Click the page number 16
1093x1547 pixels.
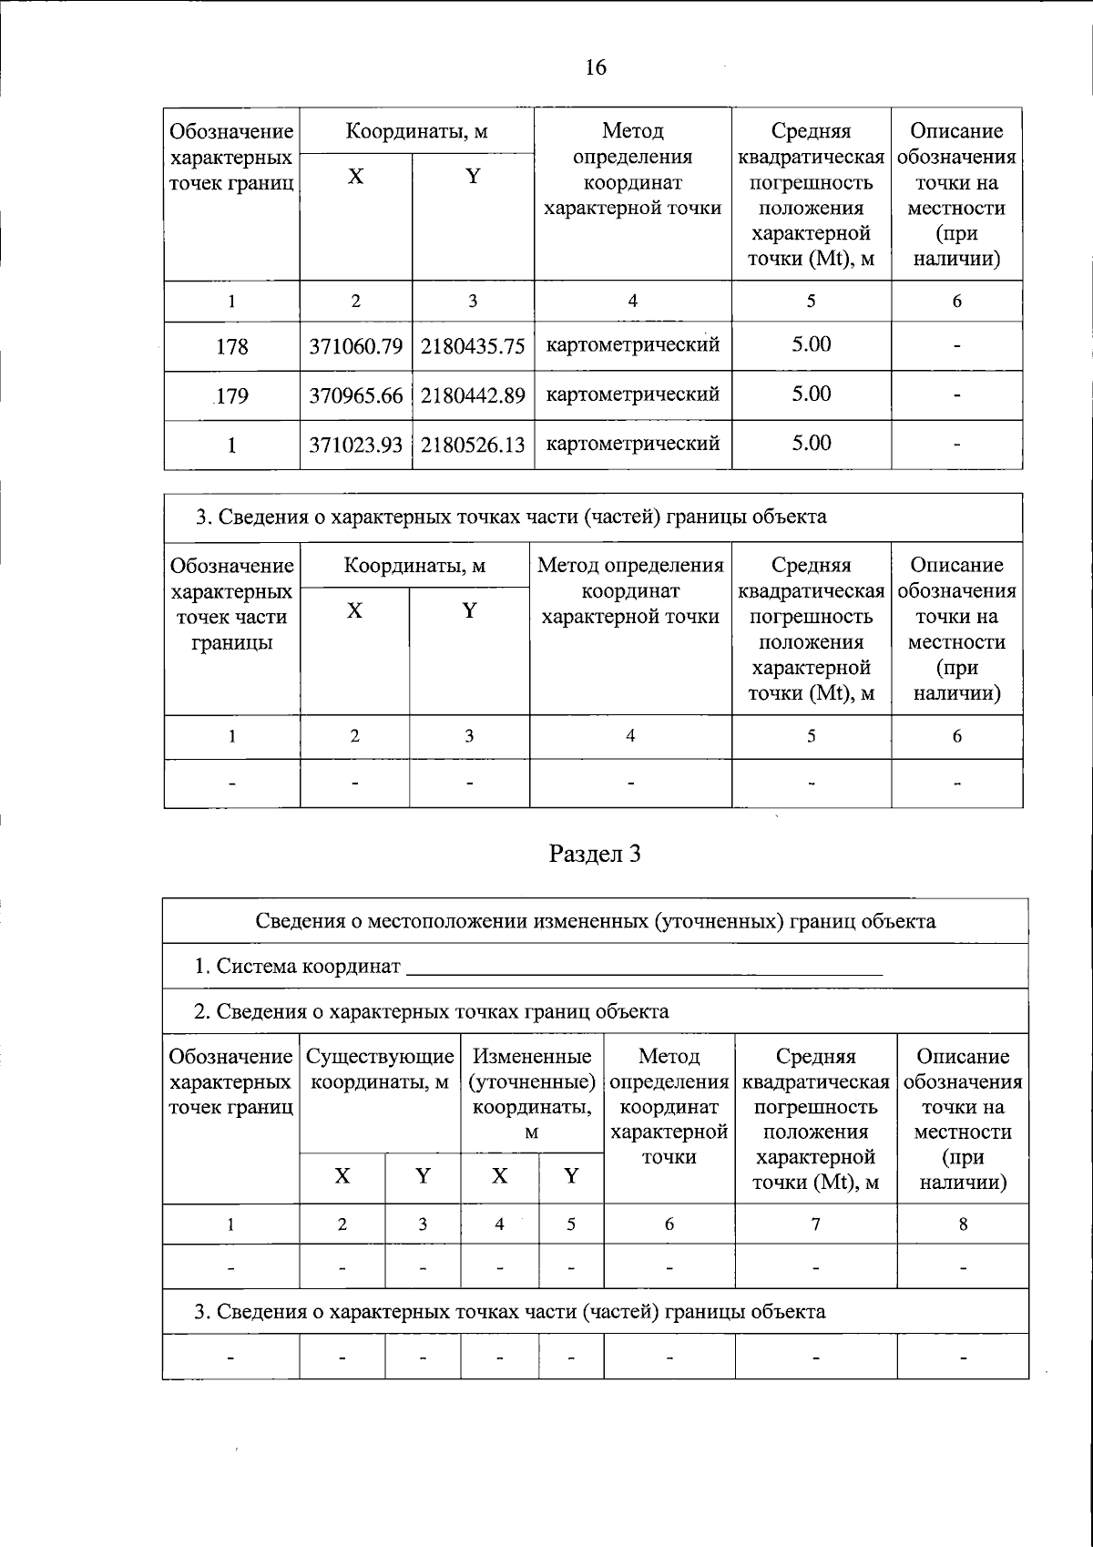(x=596, y=67)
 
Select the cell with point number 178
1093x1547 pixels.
(x=232, y=346)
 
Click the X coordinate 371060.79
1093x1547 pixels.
(x=356, y=346)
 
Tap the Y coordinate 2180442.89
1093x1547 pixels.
(x=473, y=395)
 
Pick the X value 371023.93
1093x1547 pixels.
(x=356, y=445)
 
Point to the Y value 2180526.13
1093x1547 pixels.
(x=473, y=445)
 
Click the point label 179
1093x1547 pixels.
(x=232, y=395)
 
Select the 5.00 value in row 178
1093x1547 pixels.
(x=811, y=344)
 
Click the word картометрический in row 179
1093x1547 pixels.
(x=632, y=394)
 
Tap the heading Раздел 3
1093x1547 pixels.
(x=596, y=854)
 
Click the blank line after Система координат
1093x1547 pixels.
(x=644, y=968)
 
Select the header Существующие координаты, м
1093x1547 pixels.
(x=380, y=1070)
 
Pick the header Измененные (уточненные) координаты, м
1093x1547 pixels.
(x=532, y=1093)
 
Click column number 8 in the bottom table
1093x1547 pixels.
(x=963, y=1224)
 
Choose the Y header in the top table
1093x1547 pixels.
(x=473, y=177)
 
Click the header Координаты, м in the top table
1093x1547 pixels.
(x=416, y=131)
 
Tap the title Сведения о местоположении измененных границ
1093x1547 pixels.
(x=595, y=921)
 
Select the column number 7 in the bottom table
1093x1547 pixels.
(x=815, y=1224)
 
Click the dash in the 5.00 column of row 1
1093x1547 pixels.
(x=956, y=445)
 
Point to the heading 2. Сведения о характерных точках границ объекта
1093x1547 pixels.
(x=432, y=1011)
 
